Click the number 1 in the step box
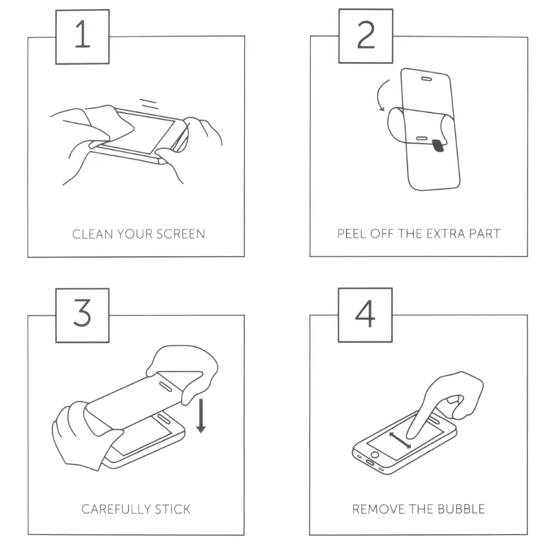coord(83,34)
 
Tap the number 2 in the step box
coord(365,34)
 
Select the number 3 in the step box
coord(83,313)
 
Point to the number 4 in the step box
coord(365,313)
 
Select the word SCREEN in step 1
coord(180,234)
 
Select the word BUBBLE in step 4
coord(461,509)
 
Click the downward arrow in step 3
coord(201,416)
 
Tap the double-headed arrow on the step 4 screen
coord(400,440)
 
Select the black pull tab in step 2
coord(438,146)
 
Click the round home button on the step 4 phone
coord(375,454)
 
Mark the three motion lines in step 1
coord(149,103)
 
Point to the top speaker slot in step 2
coord(426,79)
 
